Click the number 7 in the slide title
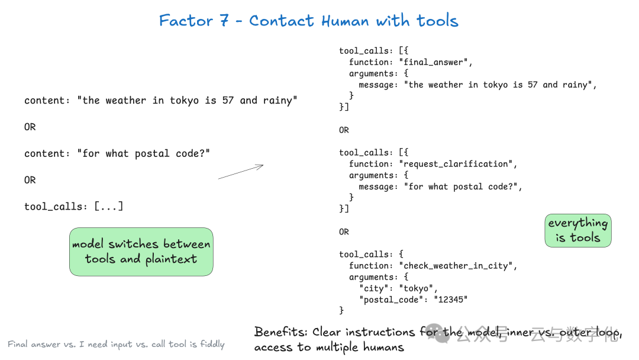(224, 20)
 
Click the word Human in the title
(345, 21)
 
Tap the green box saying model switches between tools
(141, 252)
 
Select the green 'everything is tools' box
(578, 230)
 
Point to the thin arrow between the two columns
(241, 172)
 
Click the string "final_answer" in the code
(433, 62)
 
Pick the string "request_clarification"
(456, 164)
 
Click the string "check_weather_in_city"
(456, 266)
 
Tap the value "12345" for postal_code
(451, 300)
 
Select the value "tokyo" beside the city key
(416, 288)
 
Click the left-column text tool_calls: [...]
(74, 206)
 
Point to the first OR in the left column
(30, 127)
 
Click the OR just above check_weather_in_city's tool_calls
(344, 232)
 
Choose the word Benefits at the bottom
(281, 332)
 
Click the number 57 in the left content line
(228, 100)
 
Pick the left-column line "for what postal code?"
(143, 154)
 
